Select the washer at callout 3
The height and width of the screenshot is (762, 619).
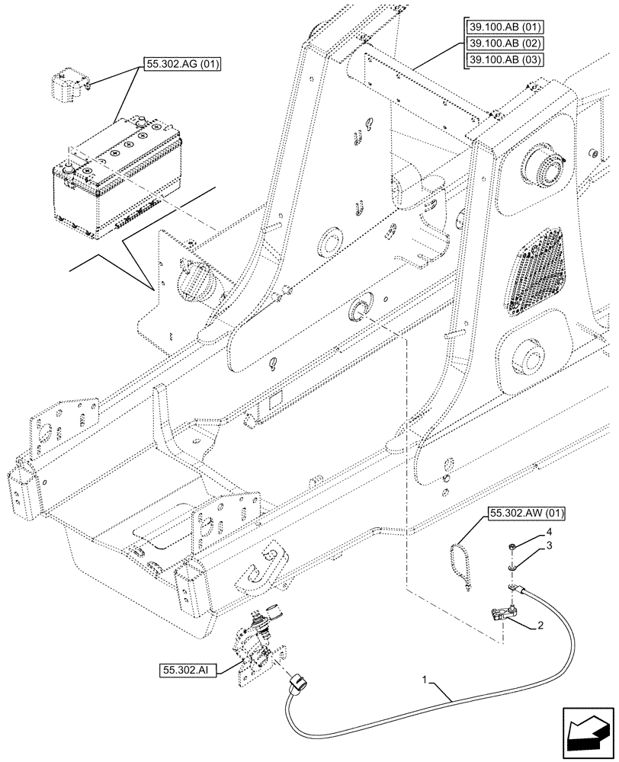(511, 568)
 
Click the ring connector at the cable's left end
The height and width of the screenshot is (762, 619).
(297, 677)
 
